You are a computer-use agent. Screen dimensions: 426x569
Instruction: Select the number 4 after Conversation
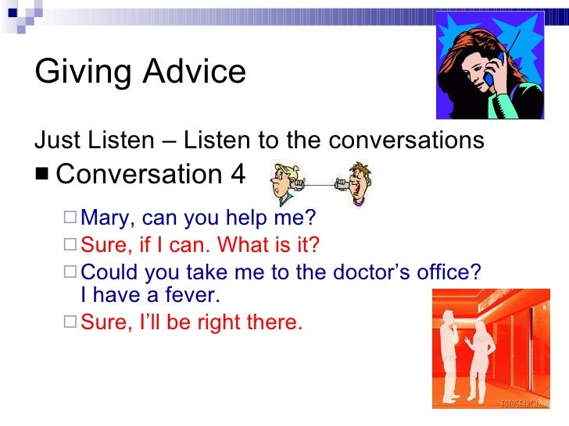tap(237, 174)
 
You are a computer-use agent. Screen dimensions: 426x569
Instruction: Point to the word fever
tap(194, 295)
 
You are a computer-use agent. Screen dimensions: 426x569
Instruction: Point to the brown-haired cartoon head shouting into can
tap(359, 181)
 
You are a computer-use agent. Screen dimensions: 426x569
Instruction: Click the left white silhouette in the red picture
tap(448, 359)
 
